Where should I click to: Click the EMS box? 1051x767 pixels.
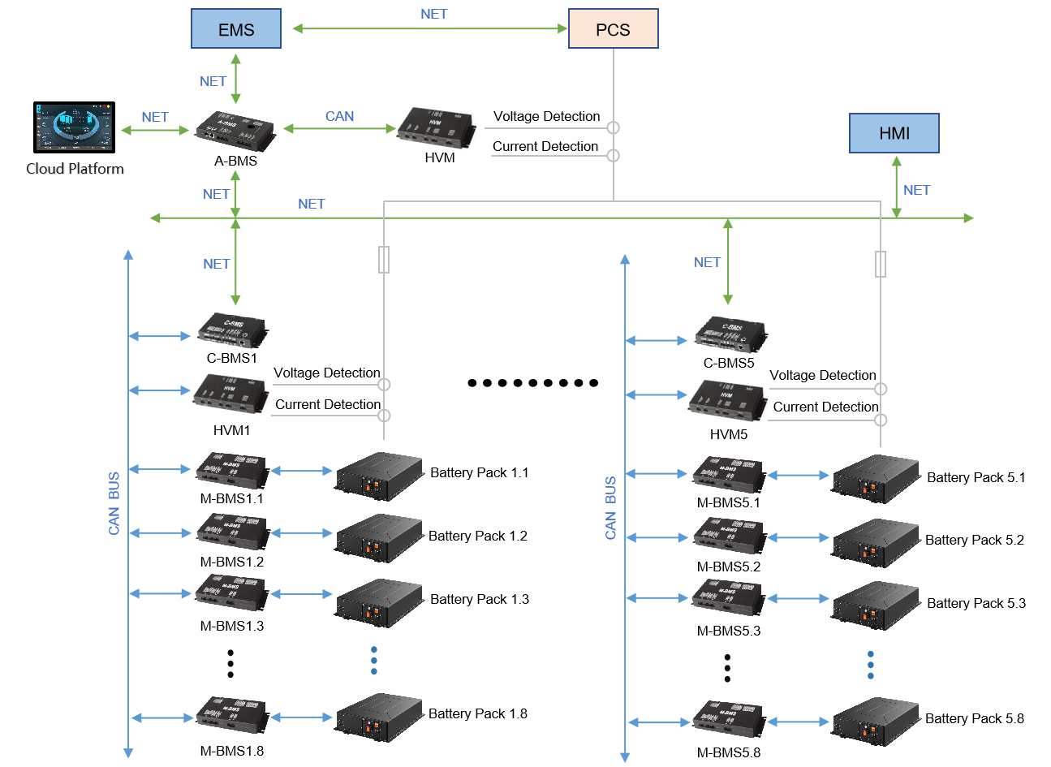[236, 29]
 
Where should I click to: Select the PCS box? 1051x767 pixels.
[613, 29]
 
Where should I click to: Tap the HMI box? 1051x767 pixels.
[894, 133]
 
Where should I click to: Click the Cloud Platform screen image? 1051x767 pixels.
[74, 127]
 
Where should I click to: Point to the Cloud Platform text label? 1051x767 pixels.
[75, 169]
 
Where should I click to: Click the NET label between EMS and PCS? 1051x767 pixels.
[433, 14]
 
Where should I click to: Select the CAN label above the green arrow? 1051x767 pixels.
[339, 116]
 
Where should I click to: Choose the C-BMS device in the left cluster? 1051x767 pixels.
[232, 330]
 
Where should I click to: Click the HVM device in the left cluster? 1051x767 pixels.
[231, 394]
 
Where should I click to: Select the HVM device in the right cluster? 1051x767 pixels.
[727, 399]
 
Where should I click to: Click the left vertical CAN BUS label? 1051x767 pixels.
[114, 503]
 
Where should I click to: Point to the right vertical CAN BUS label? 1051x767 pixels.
[610, 508]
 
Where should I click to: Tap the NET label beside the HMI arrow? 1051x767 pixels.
[916, 190]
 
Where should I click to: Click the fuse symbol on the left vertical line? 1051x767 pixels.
[384, 260]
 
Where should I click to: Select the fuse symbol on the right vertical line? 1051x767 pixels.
[881, 264]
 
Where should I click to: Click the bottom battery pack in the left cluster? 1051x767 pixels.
[380, 717]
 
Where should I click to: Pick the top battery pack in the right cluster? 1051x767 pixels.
[876, 479]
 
